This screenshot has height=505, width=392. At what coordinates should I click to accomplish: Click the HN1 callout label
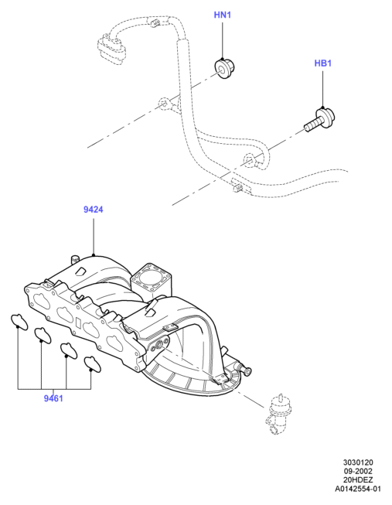point(223,15)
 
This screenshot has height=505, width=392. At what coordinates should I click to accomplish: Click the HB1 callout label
point(322,63)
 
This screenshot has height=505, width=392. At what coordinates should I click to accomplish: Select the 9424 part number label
point(94,210)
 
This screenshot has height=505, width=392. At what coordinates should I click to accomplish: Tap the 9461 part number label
point(53,398)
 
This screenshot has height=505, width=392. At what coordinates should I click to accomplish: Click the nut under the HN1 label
point(224,68)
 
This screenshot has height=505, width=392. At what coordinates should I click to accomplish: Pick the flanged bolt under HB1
point(320,120)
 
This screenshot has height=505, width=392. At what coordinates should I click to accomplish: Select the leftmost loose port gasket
point(19,321)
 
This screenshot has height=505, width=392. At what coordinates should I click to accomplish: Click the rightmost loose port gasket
point(92,363)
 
